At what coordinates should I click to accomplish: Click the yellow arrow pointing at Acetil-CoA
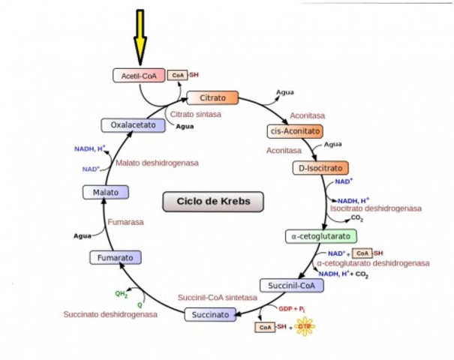140,37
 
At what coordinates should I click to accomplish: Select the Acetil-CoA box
139,75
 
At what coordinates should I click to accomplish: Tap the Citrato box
212,98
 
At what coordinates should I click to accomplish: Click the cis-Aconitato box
293,131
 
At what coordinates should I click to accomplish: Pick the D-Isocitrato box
321,168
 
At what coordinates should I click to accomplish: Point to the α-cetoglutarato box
320,236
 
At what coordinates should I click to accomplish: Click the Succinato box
211,314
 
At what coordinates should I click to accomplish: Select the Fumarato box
115,258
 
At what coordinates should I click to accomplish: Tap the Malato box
106,193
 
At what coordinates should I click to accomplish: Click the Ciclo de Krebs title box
213,201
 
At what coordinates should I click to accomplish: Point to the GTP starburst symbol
305,327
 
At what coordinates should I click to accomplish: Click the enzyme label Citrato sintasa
196,114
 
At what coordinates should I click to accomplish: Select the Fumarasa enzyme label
125,222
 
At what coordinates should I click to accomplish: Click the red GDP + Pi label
292,308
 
